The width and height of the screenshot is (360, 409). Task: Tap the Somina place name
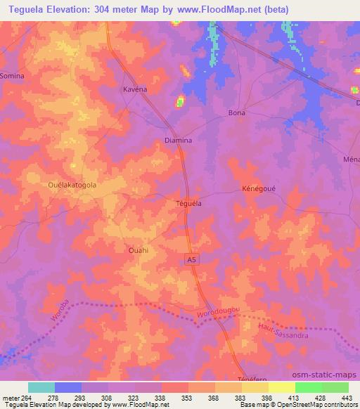(12, 75)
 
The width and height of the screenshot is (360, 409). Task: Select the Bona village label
(237, 112)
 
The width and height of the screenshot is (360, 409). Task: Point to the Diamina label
(178, 140)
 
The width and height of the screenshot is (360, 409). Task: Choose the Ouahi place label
(138, 249)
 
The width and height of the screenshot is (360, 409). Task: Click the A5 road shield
(192, 259)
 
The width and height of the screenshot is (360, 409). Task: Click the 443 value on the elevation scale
(347, 398)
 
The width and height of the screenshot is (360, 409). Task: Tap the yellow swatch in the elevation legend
(282, 387)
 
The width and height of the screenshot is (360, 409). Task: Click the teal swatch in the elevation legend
(41, 387)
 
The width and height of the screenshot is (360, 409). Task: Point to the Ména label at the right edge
(352, 160)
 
